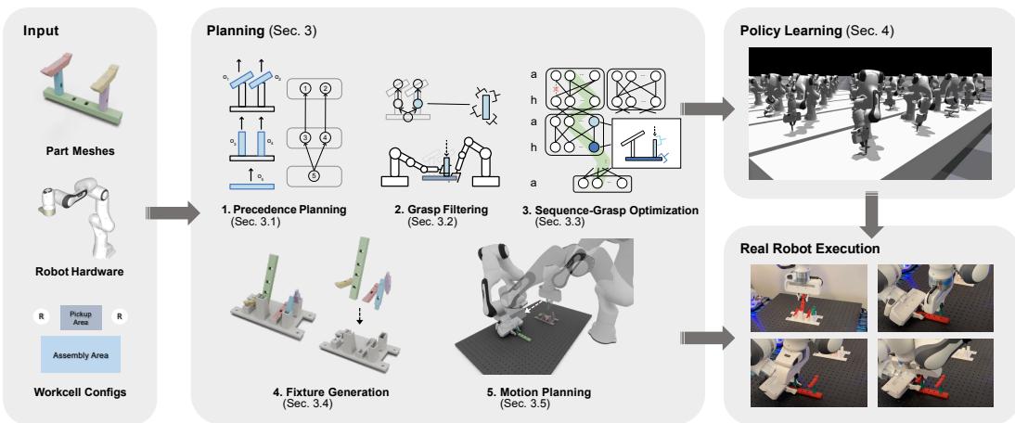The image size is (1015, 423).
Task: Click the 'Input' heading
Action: [42, 31]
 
